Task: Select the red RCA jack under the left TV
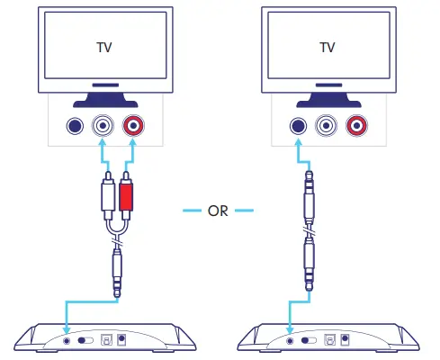click(x=133, y=127)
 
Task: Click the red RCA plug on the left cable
click(x=125, y=197)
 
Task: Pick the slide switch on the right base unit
click(x=309, y=340)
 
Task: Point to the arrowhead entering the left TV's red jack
click(x=133, y=144)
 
